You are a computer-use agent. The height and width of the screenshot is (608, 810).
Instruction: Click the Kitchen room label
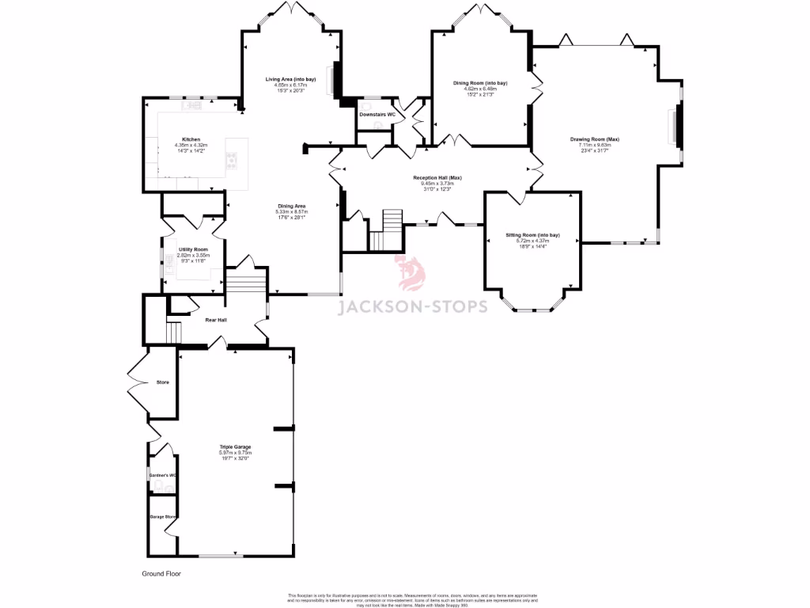(x=191, y=139)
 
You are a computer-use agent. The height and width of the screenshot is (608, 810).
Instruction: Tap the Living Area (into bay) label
(x=290, y=80)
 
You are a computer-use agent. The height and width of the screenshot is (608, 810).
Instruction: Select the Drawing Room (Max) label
(x=595, y=139)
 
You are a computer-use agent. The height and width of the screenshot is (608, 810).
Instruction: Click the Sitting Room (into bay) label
(x=532, y=235)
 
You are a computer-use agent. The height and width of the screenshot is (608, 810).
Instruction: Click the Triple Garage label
(x=235, y=447)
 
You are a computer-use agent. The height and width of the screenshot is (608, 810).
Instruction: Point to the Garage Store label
(x=162, y=516)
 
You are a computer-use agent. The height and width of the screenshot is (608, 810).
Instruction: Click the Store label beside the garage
(x=162, y=382)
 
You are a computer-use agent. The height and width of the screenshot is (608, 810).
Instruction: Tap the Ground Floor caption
(x=161, y=573)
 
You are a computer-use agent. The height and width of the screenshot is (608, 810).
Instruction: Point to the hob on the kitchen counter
(x=232, y=161)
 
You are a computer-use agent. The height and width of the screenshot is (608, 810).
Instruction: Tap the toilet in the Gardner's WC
(x=160, y=484)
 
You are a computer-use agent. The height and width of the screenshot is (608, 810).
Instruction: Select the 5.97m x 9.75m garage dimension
(x=235, y=453)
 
